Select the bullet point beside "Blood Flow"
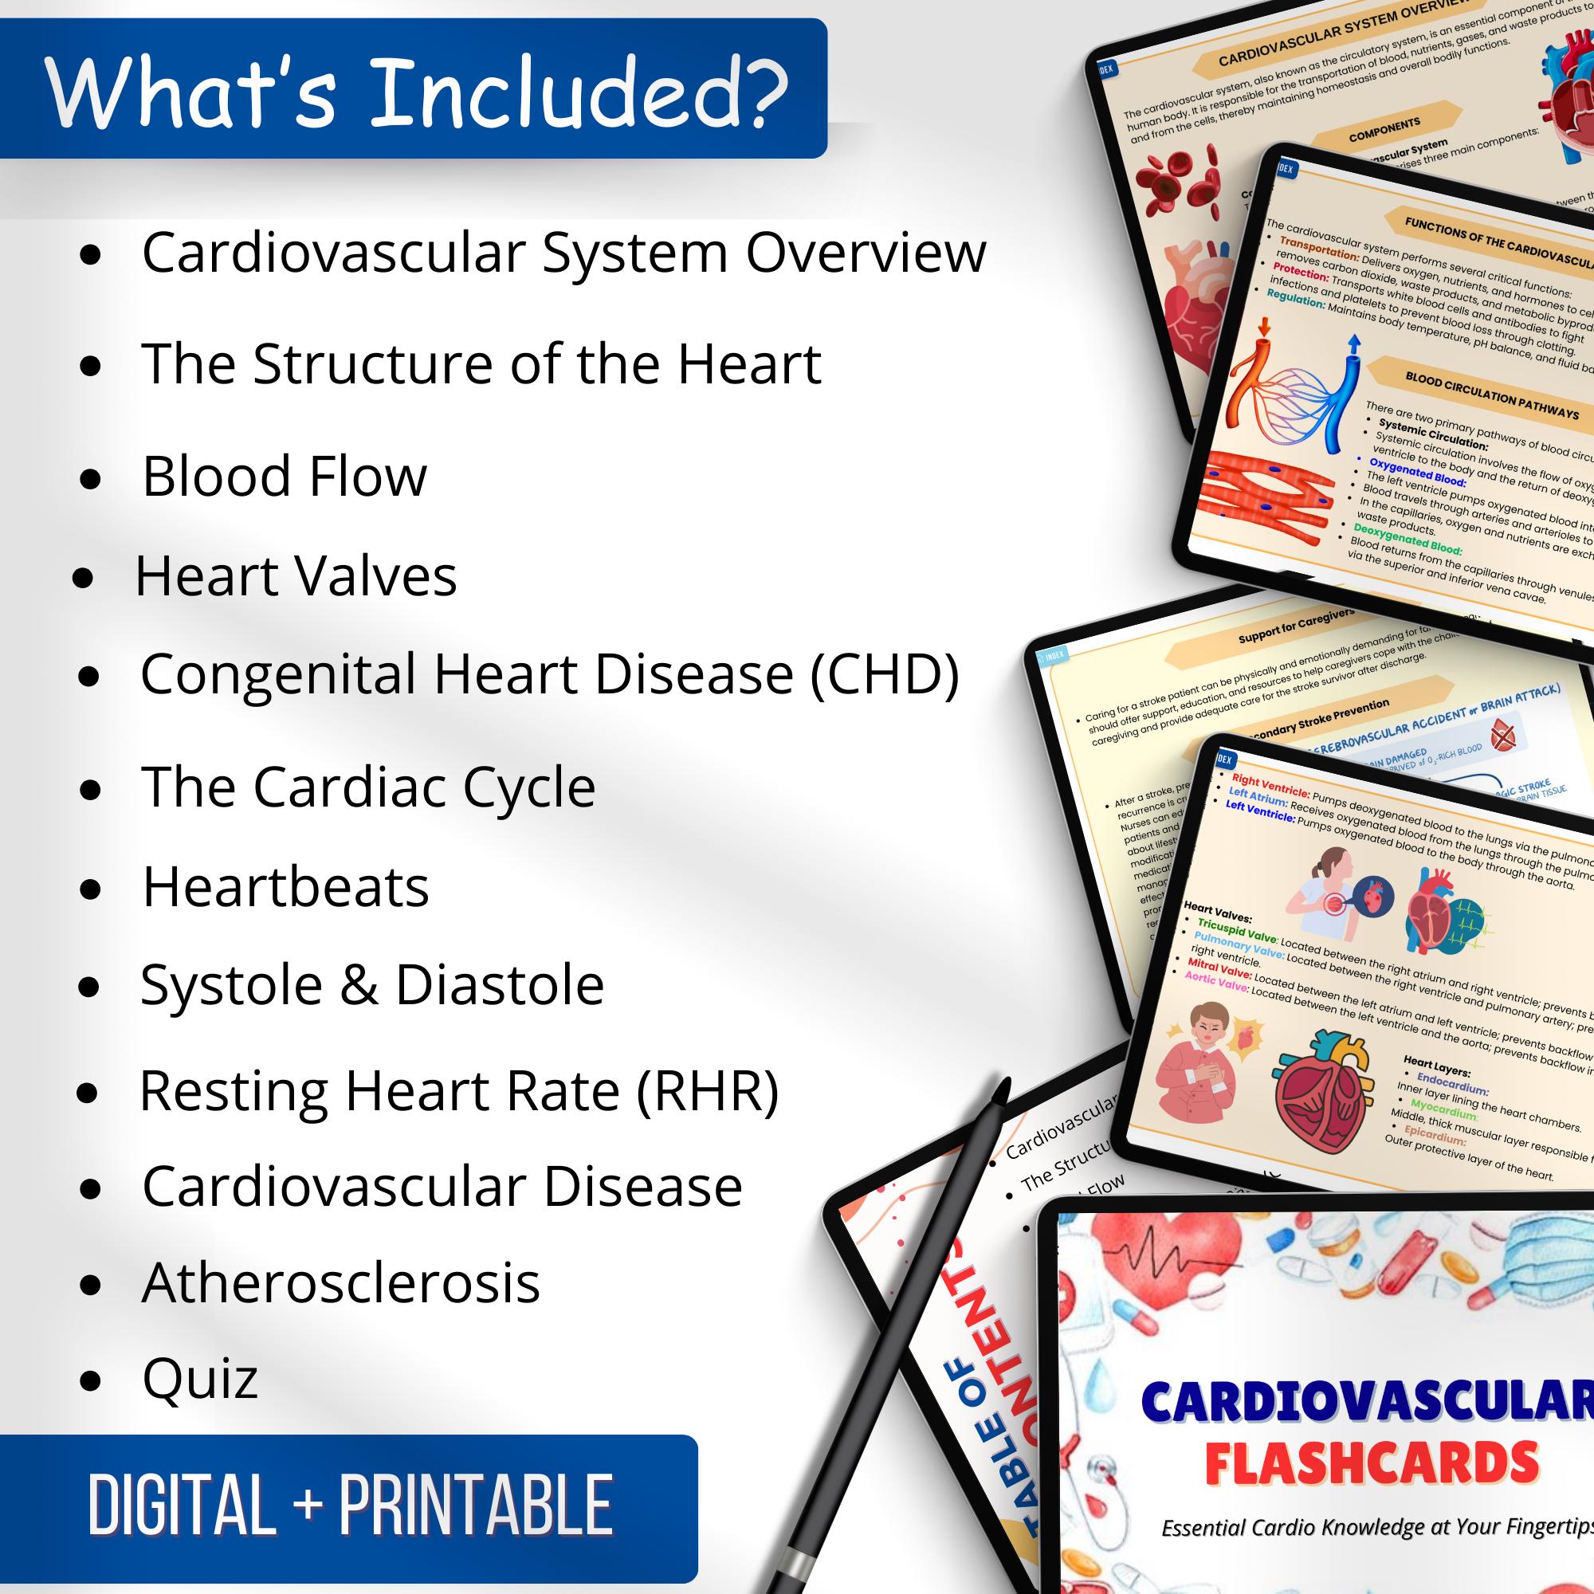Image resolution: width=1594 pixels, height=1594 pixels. (x=92, y=477)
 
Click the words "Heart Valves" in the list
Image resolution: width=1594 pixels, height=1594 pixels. (x=296, y=576)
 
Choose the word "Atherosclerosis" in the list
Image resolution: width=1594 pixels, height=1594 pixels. (x=341, y=1283)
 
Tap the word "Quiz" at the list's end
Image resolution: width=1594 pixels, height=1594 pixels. (x=200, y=1379)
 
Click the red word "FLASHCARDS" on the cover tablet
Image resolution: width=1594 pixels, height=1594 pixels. (x=1371, y=1462)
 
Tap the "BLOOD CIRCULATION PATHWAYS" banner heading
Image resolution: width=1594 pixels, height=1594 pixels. (x=1491, y=398)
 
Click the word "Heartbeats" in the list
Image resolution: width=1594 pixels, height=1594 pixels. (x=285, y=887)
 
